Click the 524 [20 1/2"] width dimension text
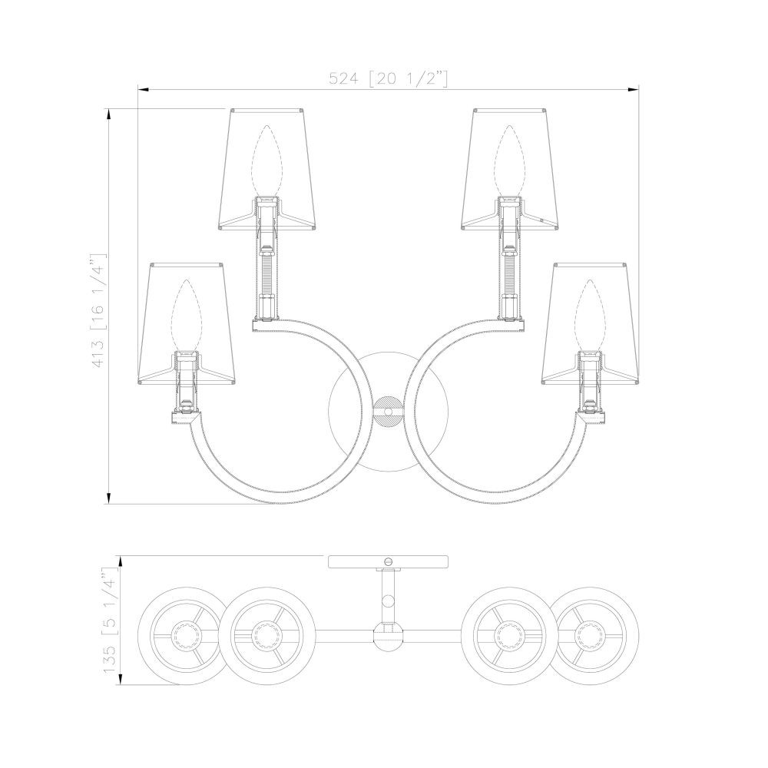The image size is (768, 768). pyautogui.click(x=388, y=78)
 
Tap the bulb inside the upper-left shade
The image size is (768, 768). pyautogui.click(x=266, y=161)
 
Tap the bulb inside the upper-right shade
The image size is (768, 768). pyautogui.click(x=509, y=161)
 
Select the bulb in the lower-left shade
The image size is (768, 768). pyautogui.click(x=185, y=316)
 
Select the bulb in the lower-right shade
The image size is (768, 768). pyautogui.click(x=590, y=316)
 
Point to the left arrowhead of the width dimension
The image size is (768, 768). pyautogui.click(x=144, y=89)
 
